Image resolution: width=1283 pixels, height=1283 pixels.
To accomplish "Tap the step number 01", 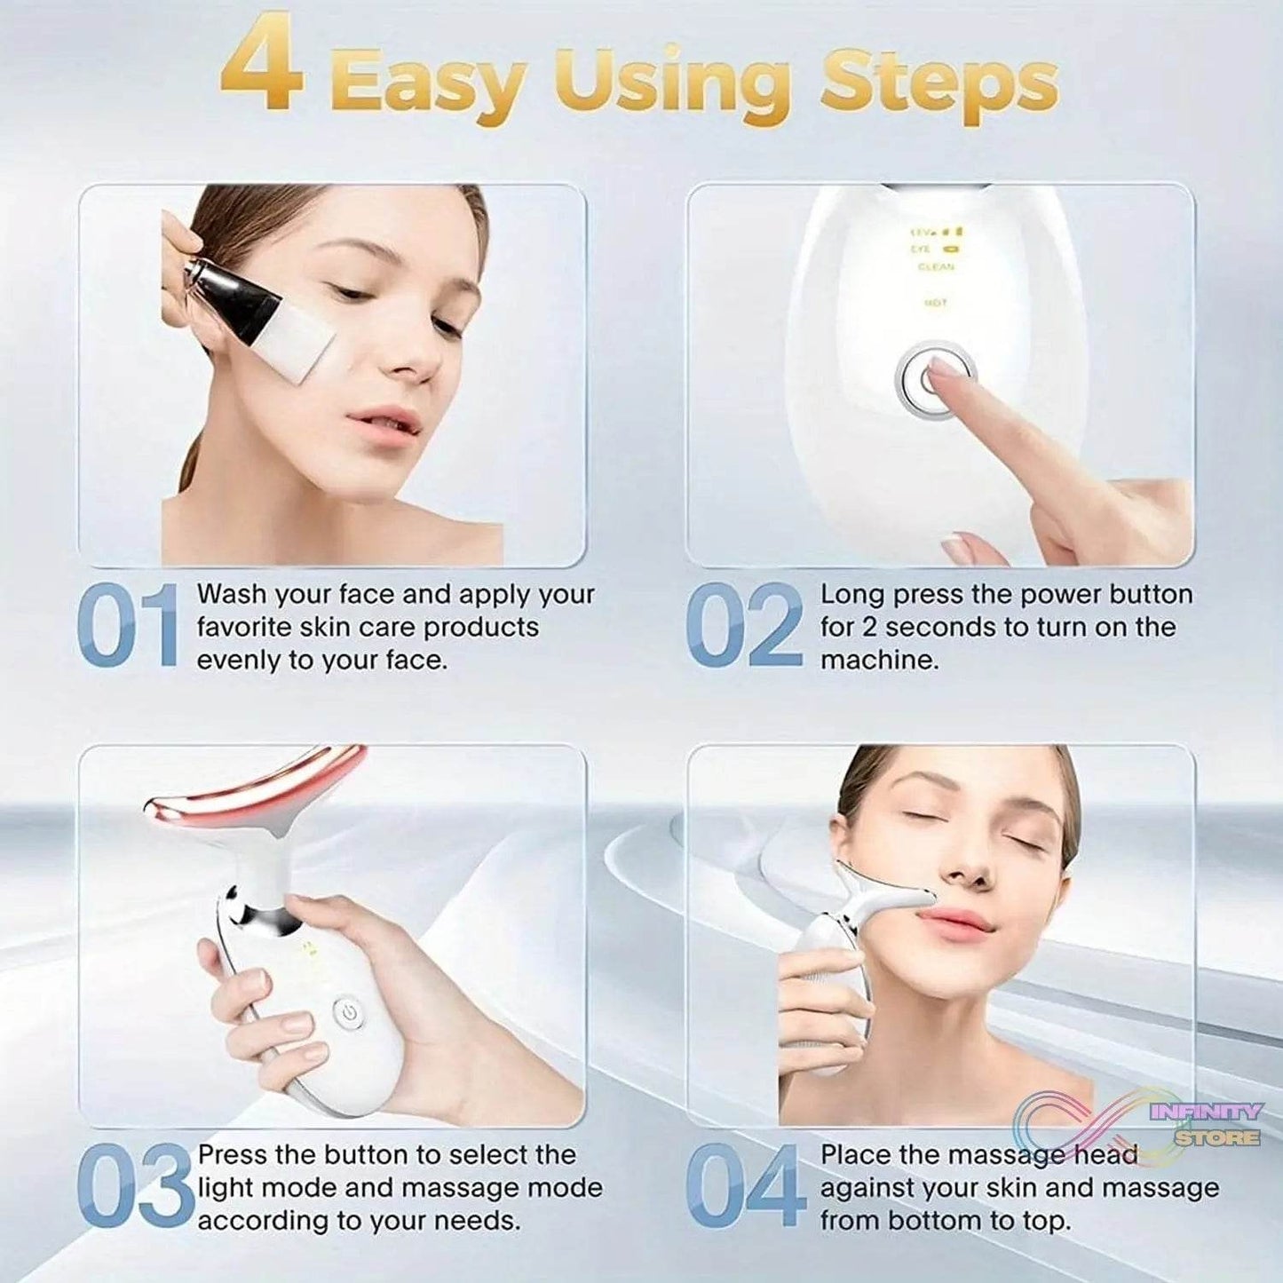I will click(x=129, y=626).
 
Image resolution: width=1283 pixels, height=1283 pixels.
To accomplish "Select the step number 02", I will click(x=744, y=626).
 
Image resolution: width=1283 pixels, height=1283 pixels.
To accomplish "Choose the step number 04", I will click(x=744, y=1187).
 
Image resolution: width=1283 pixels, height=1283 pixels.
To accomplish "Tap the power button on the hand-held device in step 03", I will click(x=348, y=1012).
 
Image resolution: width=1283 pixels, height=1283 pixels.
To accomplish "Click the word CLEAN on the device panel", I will click(x=936, y=267).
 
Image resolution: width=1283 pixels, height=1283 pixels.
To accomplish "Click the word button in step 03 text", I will click(x=364, y=1155).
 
